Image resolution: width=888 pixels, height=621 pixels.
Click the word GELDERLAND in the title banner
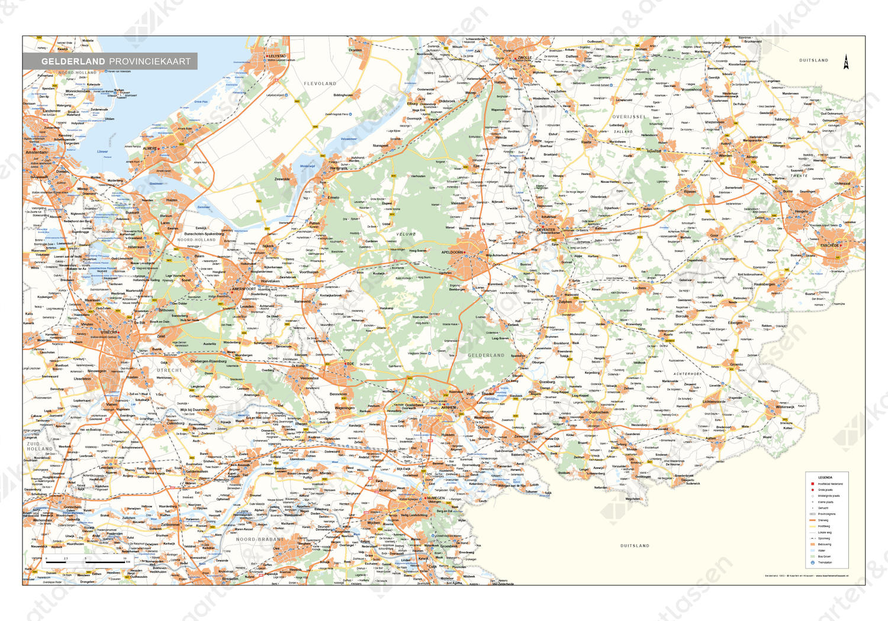click(x=73, y=61)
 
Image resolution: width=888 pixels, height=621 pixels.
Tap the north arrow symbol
click(x=846, y=62)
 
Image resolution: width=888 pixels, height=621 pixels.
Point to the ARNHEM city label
click(x=449, y=407)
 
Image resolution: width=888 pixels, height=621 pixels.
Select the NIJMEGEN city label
click(x=436, y=498)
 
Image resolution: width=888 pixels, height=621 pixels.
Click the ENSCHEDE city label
click(x=830, y=245)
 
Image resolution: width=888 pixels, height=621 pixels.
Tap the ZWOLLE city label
click(x=525, y=58)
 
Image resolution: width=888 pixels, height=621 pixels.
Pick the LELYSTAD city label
click(x=277, y=56)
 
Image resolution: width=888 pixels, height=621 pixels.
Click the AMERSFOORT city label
click(x=243, y=289)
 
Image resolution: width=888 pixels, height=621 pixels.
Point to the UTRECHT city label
click(x=110, y=332)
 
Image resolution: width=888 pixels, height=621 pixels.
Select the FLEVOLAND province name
click(x=320, y=84)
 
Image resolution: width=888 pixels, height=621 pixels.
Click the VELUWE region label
click(x=406, y=234)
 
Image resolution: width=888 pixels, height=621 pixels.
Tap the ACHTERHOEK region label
click(x=687, y=374)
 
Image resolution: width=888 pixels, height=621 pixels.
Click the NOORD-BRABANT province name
click(x=259, y=539)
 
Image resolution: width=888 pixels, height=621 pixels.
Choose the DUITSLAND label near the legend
click(x=635, y=546)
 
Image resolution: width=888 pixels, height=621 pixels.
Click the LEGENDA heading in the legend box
click(x=825, y=477)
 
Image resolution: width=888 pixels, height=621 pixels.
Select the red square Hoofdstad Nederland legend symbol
click(x=812, y=484)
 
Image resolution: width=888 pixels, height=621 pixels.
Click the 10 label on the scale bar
click(x=125, y=558)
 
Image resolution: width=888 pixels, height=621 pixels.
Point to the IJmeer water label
click(x=102, y=151)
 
